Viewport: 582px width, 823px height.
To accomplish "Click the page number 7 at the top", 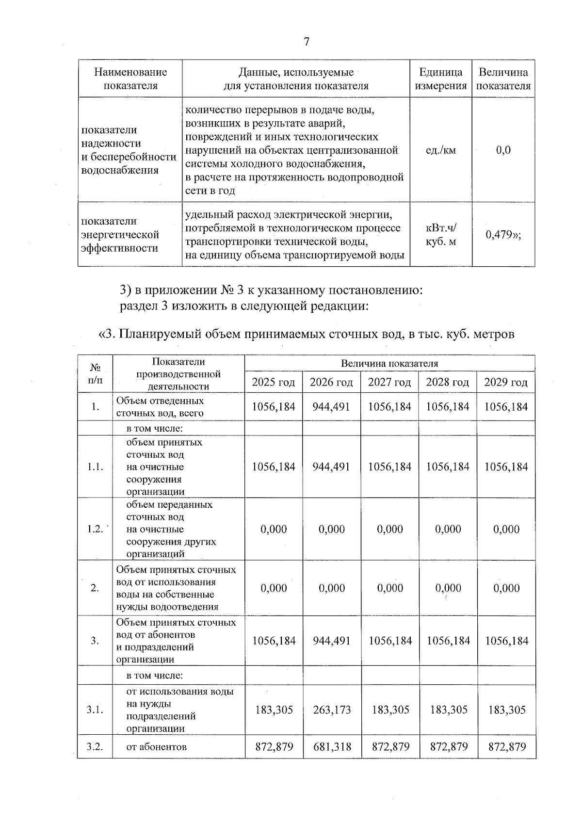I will point(306,42).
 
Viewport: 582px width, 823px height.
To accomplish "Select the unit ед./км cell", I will point(440,150).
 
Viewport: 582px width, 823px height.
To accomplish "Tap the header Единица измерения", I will point(440,79).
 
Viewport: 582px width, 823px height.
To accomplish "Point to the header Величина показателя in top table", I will point(503,79).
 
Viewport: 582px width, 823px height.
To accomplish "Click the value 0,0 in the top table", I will point(503,150).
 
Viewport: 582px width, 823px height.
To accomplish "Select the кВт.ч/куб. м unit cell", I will point(440,235).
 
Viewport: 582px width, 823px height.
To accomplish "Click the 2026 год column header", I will point(332,383).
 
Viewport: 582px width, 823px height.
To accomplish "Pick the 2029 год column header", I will point(506,383).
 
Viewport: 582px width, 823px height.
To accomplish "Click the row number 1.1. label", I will point(95,467).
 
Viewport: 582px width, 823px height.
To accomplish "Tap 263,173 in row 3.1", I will point(332,710).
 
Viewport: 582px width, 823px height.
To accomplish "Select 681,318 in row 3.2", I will point(332,747).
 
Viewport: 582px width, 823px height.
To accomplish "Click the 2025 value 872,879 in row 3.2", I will point(274,747).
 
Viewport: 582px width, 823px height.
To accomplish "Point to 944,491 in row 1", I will point(332,407).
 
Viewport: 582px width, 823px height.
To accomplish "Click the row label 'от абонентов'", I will point(156,747).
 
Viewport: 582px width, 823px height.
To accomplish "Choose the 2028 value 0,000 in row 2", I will point(448,588).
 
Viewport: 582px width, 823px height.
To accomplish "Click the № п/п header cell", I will point(95,374).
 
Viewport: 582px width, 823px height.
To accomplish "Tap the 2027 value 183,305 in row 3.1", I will point(390,710).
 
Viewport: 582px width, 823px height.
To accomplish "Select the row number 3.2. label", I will point(95,747).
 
